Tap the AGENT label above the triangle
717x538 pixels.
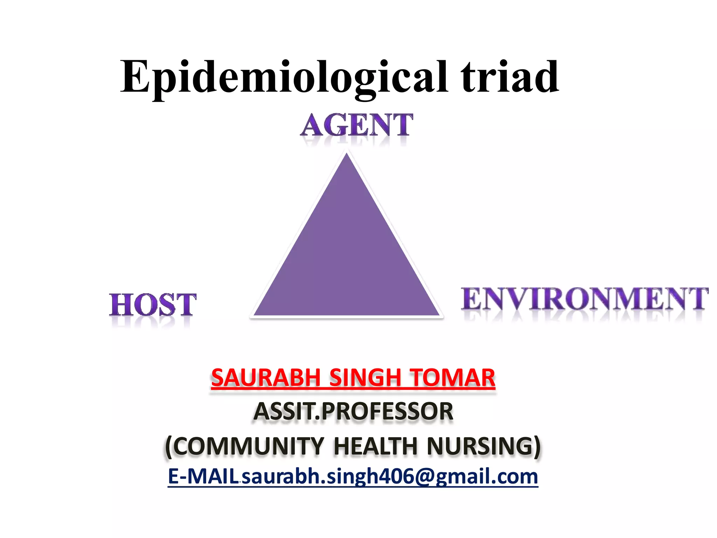357,125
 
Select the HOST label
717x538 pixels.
153,305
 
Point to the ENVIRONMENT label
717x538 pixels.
584,299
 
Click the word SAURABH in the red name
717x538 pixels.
266,378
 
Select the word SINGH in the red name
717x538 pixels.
365,378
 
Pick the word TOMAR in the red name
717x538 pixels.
453,378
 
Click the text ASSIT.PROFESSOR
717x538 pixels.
353,412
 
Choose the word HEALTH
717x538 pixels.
375,446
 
